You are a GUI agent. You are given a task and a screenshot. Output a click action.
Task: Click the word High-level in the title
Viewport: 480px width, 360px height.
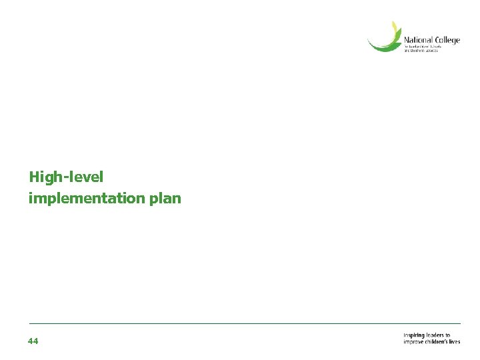66,177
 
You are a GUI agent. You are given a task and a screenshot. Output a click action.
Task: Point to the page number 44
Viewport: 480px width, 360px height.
33,341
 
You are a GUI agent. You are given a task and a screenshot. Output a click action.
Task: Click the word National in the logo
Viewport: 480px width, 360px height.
418,41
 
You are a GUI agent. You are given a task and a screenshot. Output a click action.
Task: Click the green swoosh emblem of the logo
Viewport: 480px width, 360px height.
384,42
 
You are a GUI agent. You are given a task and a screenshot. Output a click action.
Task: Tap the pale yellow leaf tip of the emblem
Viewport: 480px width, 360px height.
395,27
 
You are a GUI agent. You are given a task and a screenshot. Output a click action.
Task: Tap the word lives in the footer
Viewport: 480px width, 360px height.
455,342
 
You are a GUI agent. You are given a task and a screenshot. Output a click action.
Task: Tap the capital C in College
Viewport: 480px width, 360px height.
437,41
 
